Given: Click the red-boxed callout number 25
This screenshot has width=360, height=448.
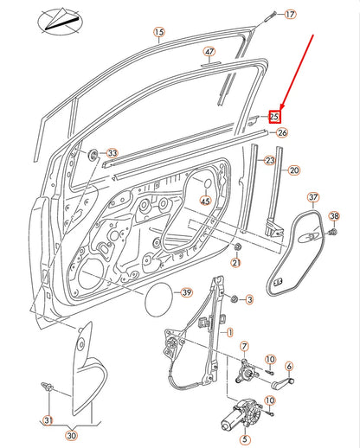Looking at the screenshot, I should point(275,115).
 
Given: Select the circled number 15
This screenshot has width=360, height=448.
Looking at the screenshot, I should point(158,34).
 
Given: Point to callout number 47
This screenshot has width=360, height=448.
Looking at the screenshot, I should point(209,53).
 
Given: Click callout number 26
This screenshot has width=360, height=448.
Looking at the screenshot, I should point(282,132).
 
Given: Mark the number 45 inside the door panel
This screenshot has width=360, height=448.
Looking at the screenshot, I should point(205,202).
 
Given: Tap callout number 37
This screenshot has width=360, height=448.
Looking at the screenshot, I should point(314,197).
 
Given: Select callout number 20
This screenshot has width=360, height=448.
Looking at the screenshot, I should point(293,171).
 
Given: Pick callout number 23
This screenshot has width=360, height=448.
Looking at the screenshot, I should point(269,162).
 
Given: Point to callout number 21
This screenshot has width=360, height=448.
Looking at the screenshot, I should point(236,262).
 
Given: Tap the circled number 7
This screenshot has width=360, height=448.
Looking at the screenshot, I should point(243,346).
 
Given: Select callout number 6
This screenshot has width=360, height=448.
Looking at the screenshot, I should point(289,366).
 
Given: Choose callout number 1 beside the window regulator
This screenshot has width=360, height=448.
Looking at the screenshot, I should point(228,332).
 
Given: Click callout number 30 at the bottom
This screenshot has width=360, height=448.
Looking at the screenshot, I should point(70,435).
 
